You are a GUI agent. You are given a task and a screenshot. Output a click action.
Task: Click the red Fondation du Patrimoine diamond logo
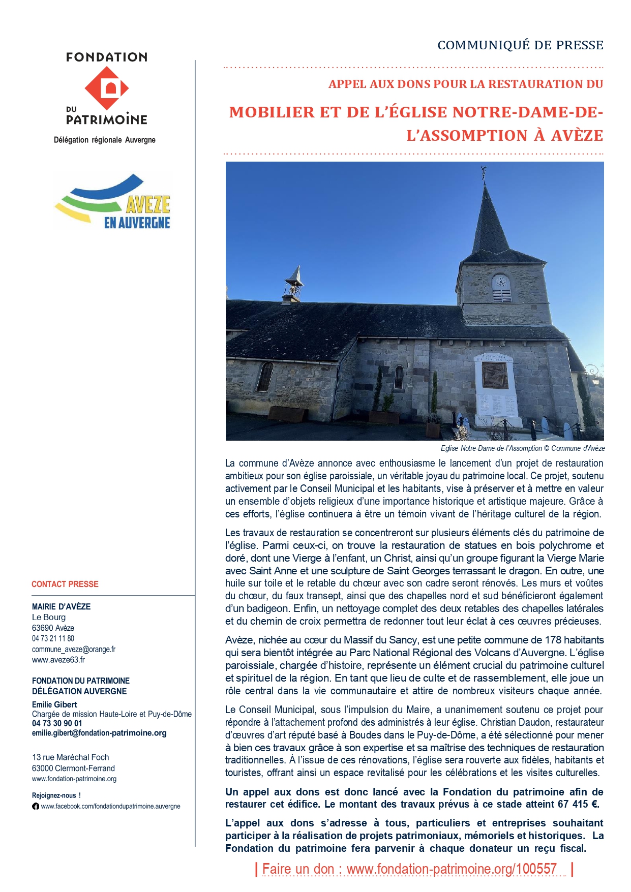(107, 88)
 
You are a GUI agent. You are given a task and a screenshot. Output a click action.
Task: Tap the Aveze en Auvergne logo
(113, 202)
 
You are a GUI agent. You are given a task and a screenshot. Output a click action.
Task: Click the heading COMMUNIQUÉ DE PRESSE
(520, 45)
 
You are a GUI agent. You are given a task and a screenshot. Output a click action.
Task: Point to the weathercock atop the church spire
(484, 173)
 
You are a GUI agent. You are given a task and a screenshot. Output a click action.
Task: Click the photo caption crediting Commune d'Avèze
(522, 448)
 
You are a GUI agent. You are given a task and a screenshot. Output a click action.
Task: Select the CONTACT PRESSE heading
(65, 584)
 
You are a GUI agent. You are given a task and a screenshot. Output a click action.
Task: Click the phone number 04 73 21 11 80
(53, 638)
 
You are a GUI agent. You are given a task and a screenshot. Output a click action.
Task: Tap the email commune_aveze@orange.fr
(74, 649)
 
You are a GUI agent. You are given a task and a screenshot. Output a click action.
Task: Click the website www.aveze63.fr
(58, 660)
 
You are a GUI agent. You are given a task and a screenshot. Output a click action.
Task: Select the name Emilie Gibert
(55, 704)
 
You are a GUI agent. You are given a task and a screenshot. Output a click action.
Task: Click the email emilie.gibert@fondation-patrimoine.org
(99, 733)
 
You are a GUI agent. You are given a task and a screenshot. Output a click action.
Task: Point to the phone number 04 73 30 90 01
(57, 723)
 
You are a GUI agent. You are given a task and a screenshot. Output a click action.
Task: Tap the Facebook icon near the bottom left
(36, 806)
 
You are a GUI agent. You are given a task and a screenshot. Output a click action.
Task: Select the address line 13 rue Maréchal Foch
(71, 757)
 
